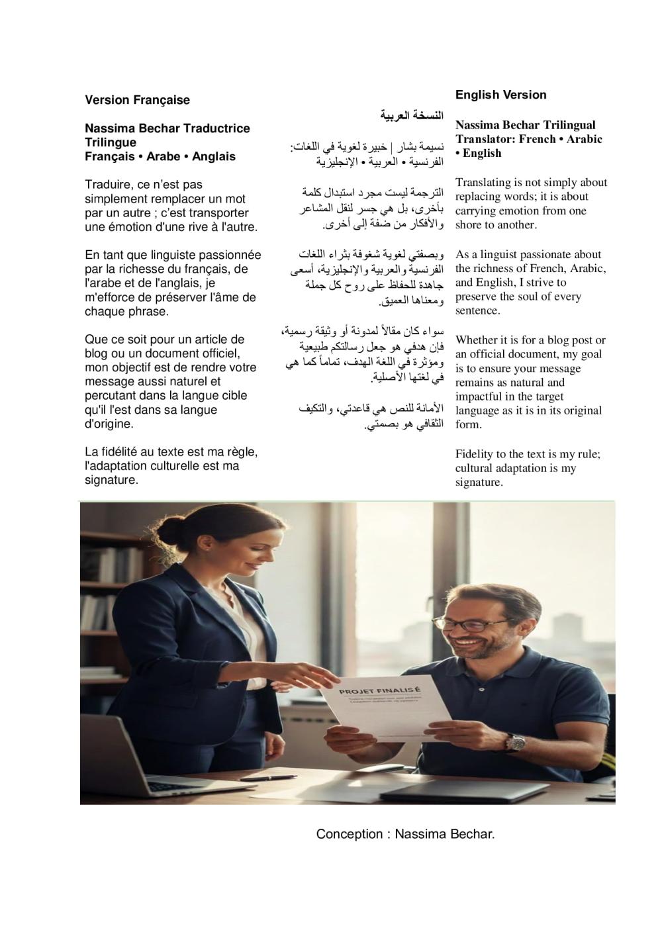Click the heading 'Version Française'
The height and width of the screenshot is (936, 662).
(137, 100)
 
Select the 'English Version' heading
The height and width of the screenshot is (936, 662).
(500, 95)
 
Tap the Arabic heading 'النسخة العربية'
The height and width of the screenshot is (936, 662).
(412, 116)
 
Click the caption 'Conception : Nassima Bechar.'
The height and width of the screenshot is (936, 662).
(405, 834)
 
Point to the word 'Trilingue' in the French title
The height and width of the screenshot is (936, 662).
(111, 142)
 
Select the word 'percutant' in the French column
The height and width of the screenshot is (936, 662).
(109, 396)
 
